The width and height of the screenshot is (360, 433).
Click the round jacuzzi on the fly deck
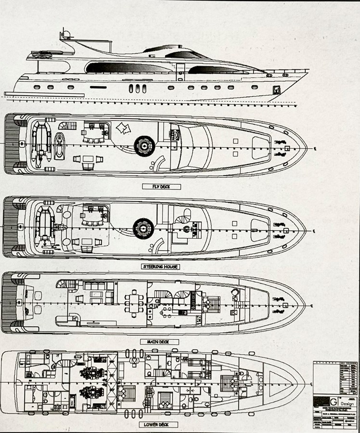coord(144,145)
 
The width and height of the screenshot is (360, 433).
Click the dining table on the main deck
coord(131,305)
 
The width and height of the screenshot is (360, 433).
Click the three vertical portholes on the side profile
coord(140,88)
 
